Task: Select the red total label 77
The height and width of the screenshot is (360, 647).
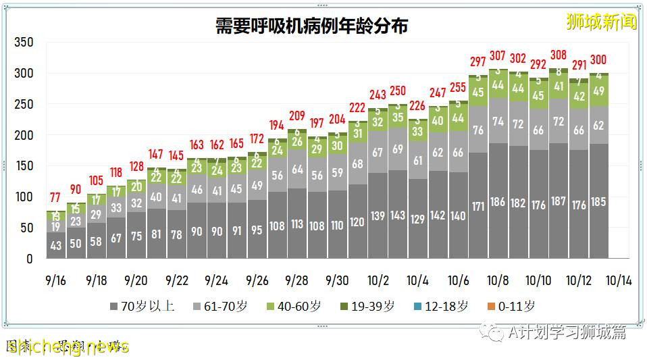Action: pyautogui.click(x=56, y=198)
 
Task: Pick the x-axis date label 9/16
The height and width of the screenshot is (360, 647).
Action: pyautogui.click(x=56, y=280)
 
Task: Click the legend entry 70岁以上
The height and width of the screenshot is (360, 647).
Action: pyautogui.click(x=142, y=306)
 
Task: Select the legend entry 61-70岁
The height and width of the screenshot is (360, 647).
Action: pyautogui.click(x=221, y=306)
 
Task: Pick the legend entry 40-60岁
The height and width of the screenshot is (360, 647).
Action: pyautogui.click(x=294, y=306)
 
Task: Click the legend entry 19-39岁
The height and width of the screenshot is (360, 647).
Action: pyautogui.click(x=368, y=306)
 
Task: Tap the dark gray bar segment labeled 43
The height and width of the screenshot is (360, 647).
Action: pyautogui.click(x=56, y=246)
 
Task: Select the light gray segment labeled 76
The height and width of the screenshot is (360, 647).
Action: pyautogui.click(x=477, y=130)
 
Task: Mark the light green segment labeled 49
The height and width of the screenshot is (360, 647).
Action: pyautogui.click(x=598, y=91)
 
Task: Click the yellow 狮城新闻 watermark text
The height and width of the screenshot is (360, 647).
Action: pyautogui.click(x=601, y=22)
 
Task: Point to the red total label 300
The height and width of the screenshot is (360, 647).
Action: pyautogui.click(x=598, y=60)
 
